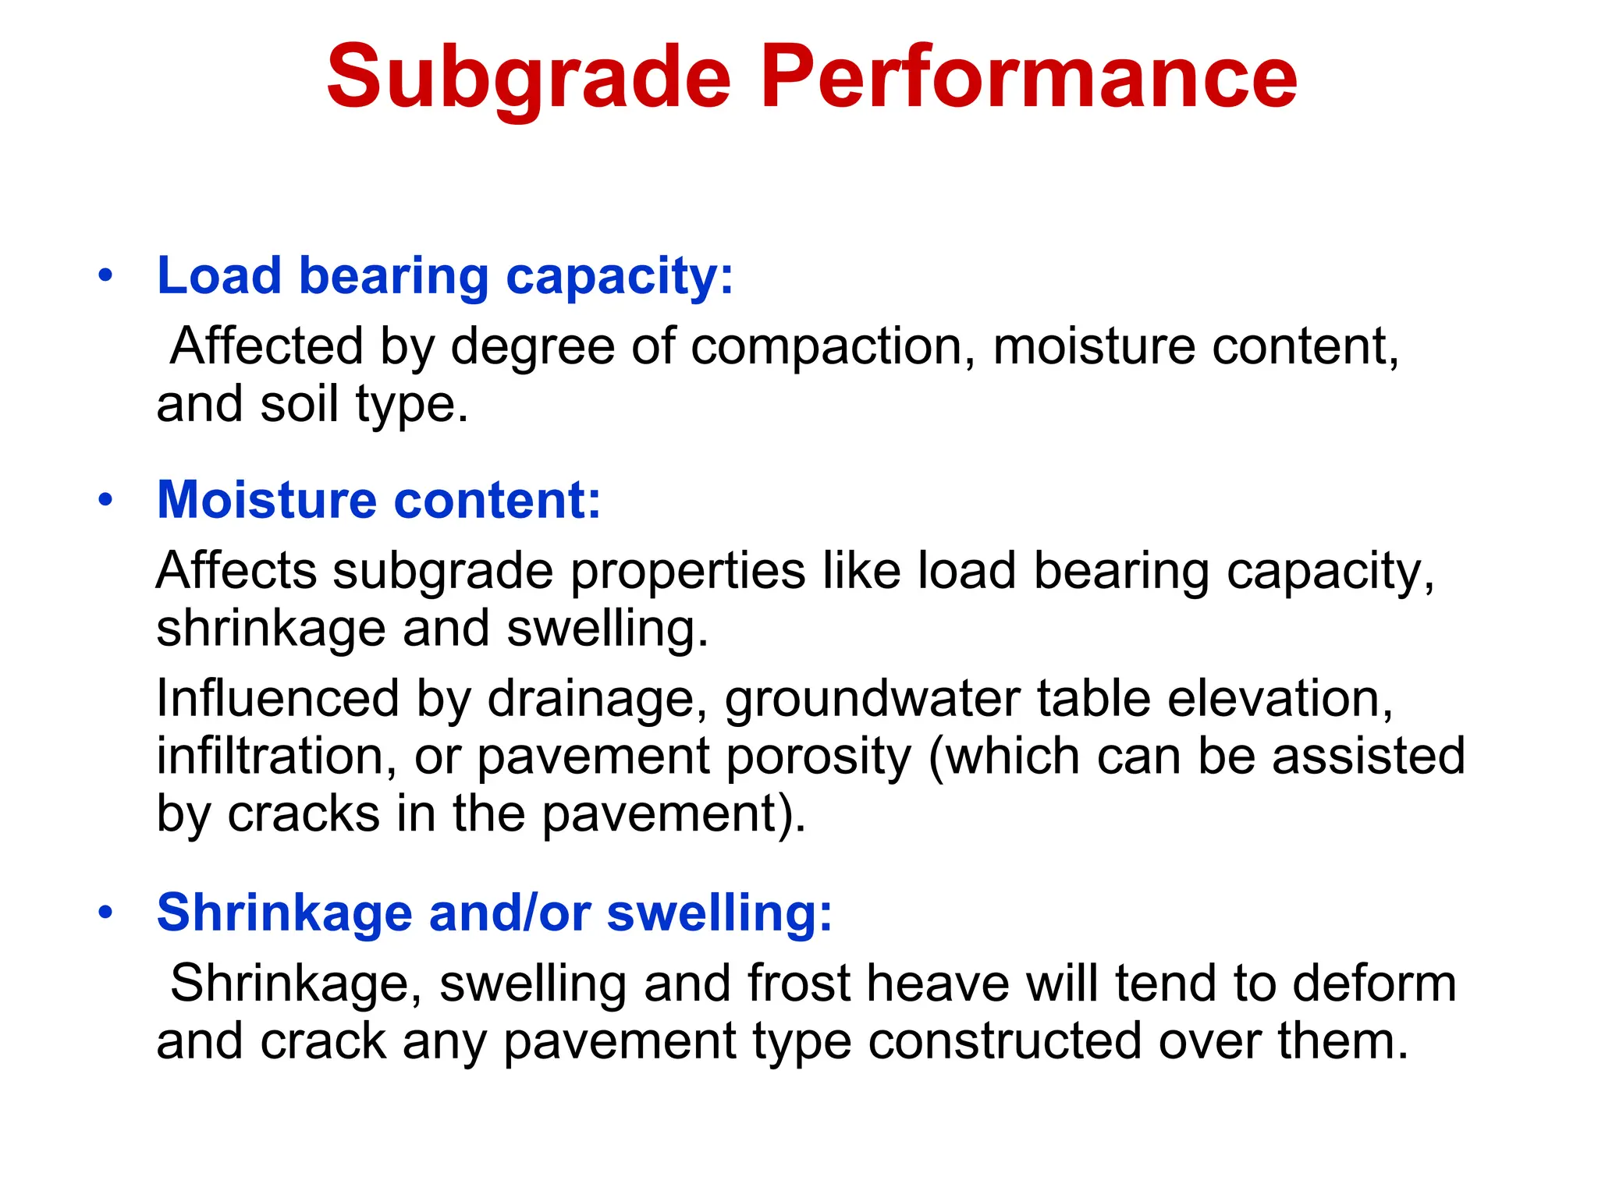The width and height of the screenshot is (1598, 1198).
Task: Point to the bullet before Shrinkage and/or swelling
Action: pyautogui.click(x=106, y=912)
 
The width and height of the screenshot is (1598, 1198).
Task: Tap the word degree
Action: pyautogui.click(x=532, y=347)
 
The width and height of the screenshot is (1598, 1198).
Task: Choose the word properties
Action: pyautogui.click(x=687, y=572)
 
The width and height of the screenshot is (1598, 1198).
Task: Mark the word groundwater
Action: pyautogui.click(x=872, y=699)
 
